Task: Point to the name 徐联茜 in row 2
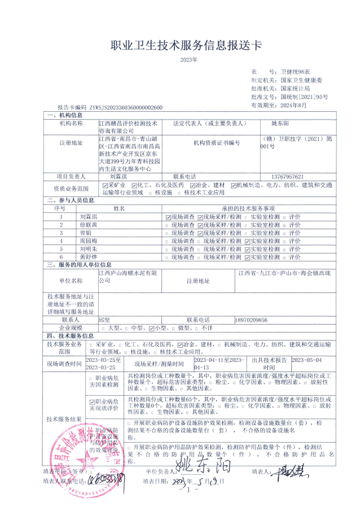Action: [89, 225]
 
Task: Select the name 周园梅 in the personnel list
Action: [89, 241]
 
